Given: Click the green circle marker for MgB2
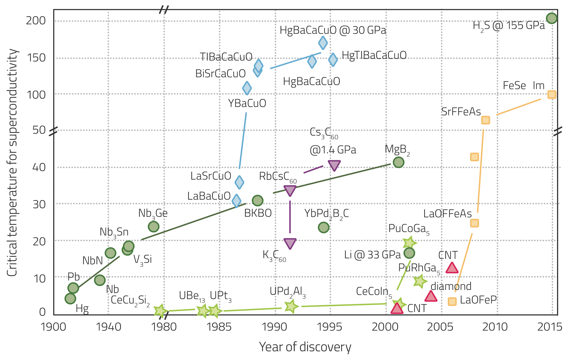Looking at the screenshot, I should pos(398,162).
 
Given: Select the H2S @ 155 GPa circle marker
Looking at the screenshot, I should pos(552,18).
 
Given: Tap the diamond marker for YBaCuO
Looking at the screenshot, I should pos(247,88).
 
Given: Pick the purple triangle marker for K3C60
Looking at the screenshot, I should pos(290,243).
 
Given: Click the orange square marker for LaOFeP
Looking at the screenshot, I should pos(452,301).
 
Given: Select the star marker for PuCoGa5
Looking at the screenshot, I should pos(409,243).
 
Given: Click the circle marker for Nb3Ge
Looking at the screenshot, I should pos(154,227).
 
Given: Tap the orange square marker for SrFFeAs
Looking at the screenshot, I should pos(486,120).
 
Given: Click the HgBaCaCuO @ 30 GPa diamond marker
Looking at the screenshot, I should pos(323,43).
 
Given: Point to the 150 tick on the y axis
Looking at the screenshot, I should pos(36,58).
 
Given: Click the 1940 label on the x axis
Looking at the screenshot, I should pos(108,327).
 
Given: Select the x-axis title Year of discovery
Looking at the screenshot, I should pos(305,347).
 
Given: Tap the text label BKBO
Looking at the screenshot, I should pos(258,213).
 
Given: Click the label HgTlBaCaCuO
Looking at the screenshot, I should pos(374,55).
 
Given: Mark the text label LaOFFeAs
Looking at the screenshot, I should pos(447,214).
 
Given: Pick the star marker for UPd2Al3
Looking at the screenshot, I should pos(291,306).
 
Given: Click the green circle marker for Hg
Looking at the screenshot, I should pos(70,298).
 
